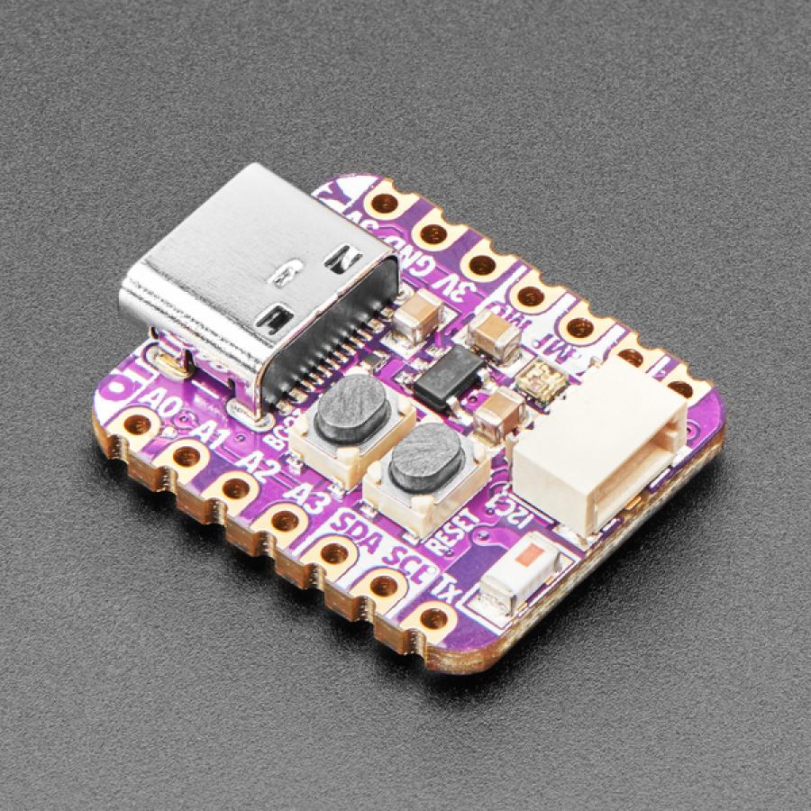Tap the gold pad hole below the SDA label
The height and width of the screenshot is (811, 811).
point(334,553)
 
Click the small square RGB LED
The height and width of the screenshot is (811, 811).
point(548,376)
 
